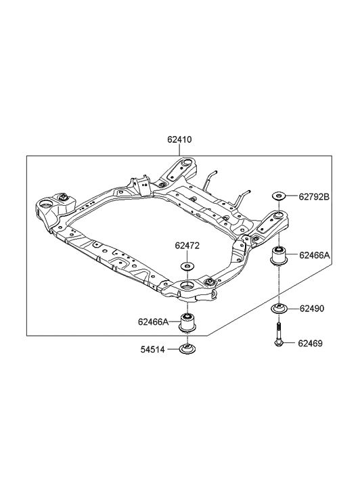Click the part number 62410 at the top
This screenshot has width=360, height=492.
pyautogui.click(x=180, y=140)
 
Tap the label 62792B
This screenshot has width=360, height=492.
pyautogui.click(x=314, y=197)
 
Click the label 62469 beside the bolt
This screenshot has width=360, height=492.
pyautogui.click(x=311, y=343)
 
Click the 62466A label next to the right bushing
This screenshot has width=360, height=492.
pyautogui.click(x=315, y=256)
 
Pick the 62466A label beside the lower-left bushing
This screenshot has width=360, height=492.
pyautogui.click(x=154, y=321)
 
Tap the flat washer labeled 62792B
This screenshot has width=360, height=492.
pyautogui.click(x=279, y=197)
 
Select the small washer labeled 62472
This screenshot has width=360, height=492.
pyautogui.click(x=187, y=266)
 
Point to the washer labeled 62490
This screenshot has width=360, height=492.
pyautogui.click(x=279, y=309)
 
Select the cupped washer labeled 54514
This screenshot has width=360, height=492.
pyautogui.click(x=187, y=350)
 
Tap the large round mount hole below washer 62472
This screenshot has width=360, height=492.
pyautogui.click(x=187, y=291)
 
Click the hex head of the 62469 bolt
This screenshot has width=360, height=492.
pyautogui.click(x=279, y=345)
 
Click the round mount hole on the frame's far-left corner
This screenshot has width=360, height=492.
pyautogui.click(x=47, y=202)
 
